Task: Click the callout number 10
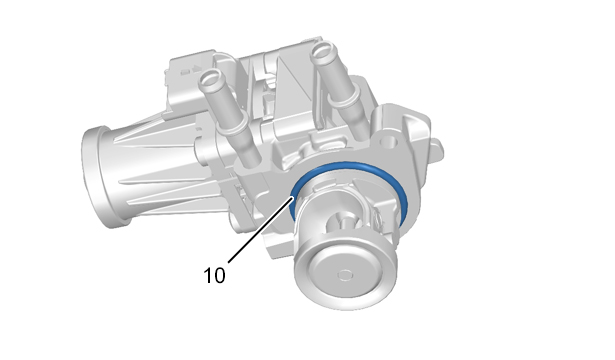point(215,275)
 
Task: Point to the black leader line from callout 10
point(261,229)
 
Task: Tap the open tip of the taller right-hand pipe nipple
point(324,50)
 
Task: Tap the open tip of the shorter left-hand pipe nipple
point(210,77)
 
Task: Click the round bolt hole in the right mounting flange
point(388,140)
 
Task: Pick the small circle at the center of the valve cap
point(345,275)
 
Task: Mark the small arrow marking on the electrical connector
point(194,70)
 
